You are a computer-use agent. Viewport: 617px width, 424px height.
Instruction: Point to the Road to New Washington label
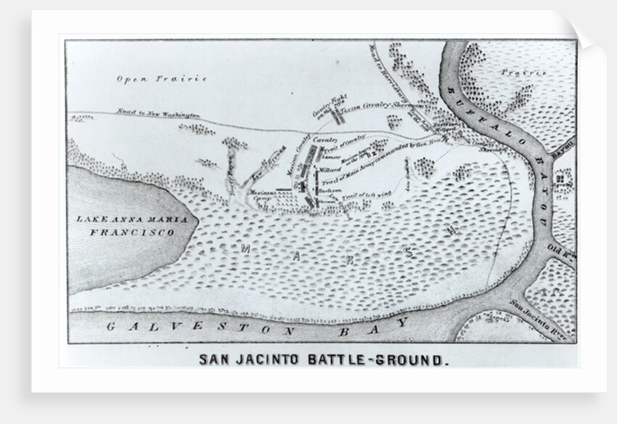pos(158,115)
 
